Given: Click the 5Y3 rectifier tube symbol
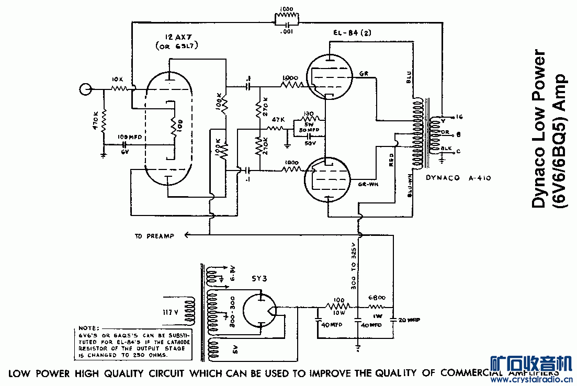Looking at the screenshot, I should pos(260,311).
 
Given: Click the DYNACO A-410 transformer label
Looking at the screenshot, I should pos(458,178).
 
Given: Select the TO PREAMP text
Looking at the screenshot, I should pos(154,236).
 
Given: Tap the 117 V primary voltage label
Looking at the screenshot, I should pos(172,313).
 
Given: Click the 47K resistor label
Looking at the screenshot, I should pos(277,120).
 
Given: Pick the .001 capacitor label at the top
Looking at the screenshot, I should pos(287,31).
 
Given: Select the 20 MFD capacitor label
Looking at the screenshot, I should pos(409,320).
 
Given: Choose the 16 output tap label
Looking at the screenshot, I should pos(460,117).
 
